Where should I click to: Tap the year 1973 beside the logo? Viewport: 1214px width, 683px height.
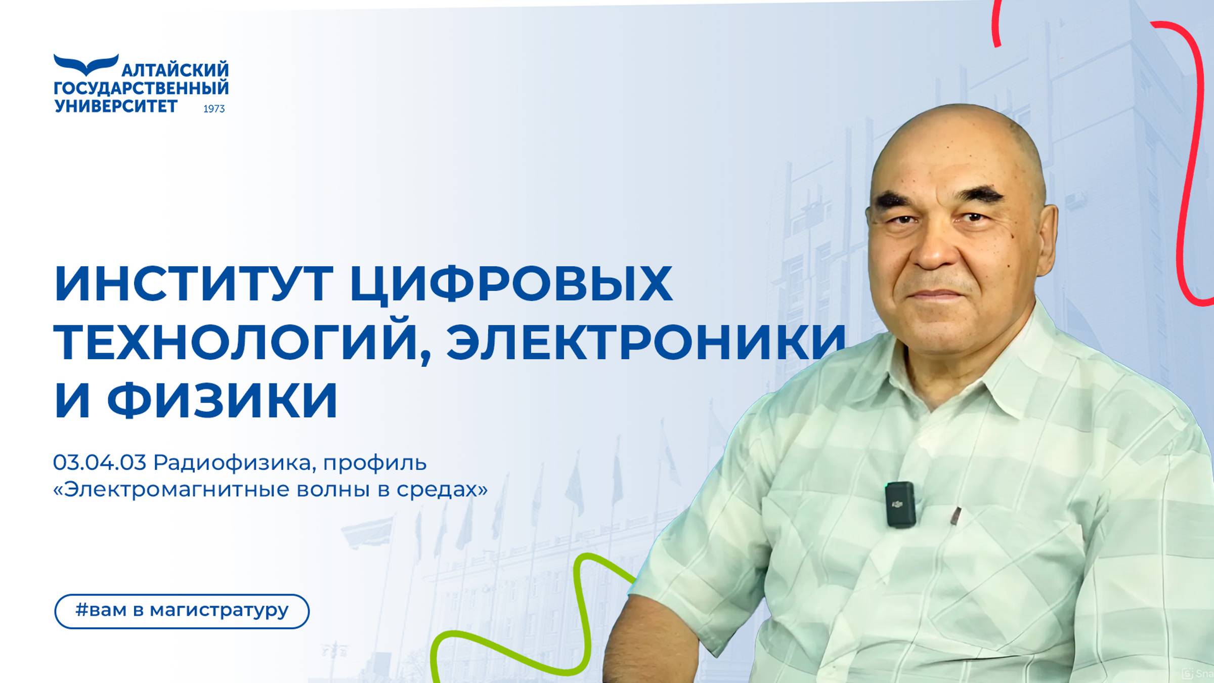click(214, 109)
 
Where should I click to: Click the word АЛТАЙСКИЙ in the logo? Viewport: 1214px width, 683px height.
click(176, 70)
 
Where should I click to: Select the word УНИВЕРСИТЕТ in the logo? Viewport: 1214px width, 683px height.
click(116, 106)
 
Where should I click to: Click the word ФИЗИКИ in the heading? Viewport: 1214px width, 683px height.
click(222, 400)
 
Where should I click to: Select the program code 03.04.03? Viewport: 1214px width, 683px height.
click(100, 462)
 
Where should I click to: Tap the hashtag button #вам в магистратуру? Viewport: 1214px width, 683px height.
click(182, 611)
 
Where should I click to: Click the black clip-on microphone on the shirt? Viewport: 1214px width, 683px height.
click(900, 504)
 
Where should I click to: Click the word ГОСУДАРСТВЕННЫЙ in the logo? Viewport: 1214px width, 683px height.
click(141, 88)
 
